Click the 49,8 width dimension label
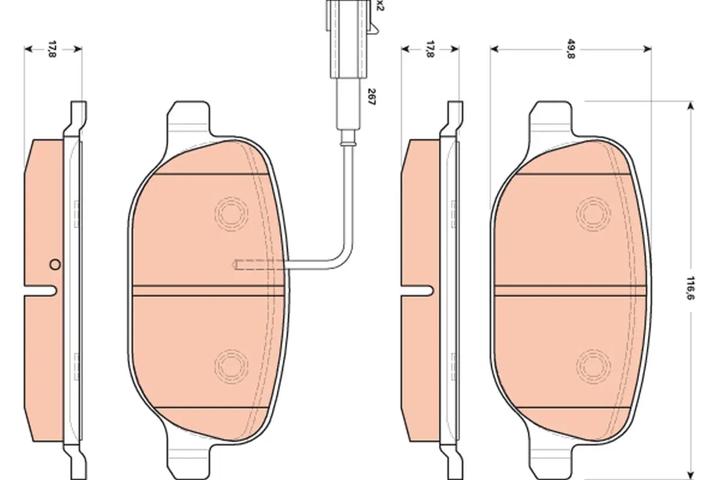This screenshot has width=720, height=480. click(x=571, y=49)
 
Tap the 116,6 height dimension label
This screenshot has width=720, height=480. click(x=690, y=288)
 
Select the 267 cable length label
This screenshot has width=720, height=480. click(x=371, y=97)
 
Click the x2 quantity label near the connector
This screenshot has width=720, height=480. click(x=380, y=5)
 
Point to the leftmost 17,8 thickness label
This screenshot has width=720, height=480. click(x=52, y=49)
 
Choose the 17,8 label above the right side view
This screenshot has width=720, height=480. click(x=430, y=49)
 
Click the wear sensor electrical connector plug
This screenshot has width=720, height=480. click(x=349, y=38)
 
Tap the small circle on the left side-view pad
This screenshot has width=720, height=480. click(x=55, y=265)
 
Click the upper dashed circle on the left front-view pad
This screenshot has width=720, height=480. click(x=231, y=214)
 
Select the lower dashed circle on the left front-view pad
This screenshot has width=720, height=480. click(x=231, y=366)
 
